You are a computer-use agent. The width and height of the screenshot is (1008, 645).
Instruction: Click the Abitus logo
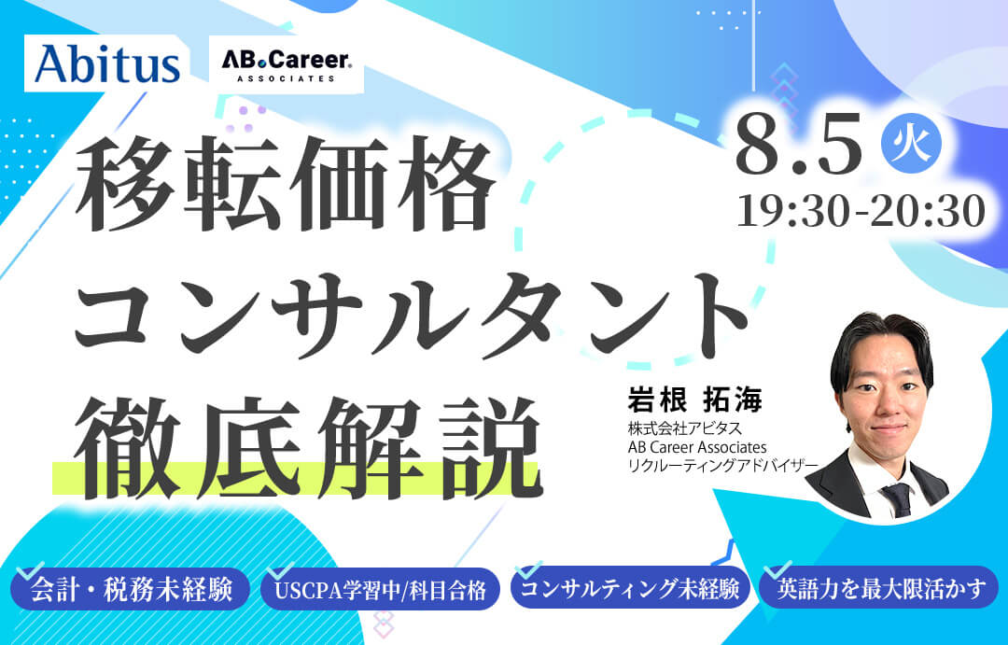pos(106,64)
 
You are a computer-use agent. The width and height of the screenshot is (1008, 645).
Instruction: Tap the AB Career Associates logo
pos(287,66)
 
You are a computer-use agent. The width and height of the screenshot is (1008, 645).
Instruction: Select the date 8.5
pos(798,146)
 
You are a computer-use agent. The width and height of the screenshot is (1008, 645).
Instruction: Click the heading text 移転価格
pos(285,185)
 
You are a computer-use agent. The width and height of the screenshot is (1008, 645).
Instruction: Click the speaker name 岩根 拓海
pos(694,400)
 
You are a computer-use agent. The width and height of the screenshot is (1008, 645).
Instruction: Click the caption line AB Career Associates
pos(697,446)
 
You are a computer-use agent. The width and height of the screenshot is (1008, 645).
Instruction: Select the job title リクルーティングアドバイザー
pos(722,465)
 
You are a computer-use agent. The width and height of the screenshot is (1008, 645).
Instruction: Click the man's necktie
pos(898,499)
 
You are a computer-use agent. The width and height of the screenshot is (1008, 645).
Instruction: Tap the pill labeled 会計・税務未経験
pos(131,589)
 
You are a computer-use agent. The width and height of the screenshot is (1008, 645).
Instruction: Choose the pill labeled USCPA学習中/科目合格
pos(381,589)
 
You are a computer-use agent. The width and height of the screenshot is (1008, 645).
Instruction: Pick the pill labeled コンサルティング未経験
pos(631,589)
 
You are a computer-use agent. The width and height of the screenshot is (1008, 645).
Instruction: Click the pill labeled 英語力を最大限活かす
pos(880,588)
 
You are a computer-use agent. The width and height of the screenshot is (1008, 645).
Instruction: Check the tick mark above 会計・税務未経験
pos(29,571)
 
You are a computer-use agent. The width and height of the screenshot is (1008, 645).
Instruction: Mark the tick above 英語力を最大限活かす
pos(777,569)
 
